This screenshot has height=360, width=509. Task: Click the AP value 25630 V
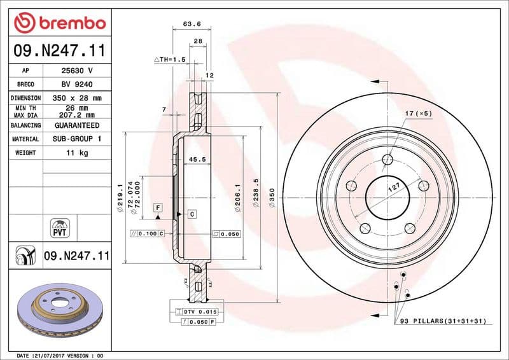click(x=77, y=71)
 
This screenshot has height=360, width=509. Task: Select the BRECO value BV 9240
click(x=77, y=85)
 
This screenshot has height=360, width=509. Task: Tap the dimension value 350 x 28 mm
click(x=77, y=99)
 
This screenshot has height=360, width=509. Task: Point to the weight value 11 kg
click(x=77, y=153)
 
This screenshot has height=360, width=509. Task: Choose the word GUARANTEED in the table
click(x=77, y=126)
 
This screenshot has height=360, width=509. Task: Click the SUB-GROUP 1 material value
click(x=77, y=139)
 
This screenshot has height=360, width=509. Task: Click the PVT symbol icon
click(x=59, y=228)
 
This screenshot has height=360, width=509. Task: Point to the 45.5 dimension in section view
click(x=197, y=160)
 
